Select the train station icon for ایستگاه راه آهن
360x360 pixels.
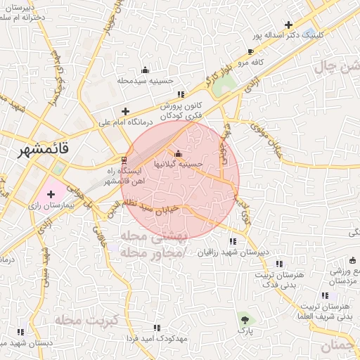[x=124, y=160]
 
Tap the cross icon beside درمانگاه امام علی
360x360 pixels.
[x=125, y=111]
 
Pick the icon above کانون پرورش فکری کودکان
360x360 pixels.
[x=181, y=94]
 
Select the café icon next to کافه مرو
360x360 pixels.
[x=250, y=51]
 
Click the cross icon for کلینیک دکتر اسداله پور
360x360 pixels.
[x=288, y=25]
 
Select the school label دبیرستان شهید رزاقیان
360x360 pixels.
[x=233, y=252]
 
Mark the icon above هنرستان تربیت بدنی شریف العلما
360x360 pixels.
[x=325, y=296]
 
